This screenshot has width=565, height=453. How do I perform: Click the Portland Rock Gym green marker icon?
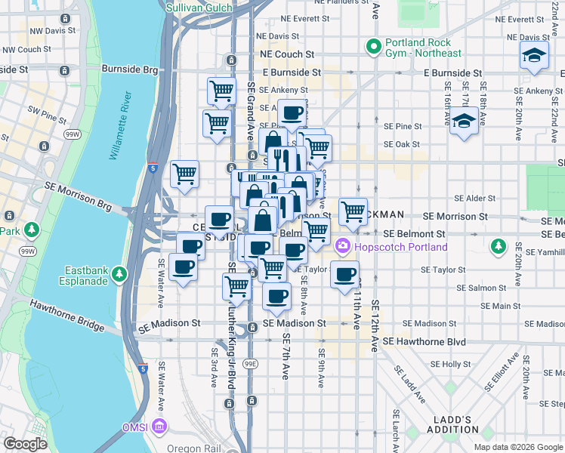coord(372,47)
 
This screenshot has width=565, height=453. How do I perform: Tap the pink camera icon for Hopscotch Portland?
coord(342,247)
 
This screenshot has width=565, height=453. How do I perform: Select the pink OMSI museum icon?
coord(159,428)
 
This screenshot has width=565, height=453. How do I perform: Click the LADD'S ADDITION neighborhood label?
coord(456,424)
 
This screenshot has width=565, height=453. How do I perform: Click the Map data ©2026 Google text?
coord(517,446)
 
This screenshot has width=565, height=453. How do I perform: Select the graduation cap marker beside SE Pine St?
coord(462,121)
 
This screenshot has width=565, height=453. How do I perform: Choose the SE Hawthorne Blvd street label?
coord(424,342)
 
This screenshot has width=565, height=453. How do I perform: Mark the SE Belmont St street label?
coord(414,235)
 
